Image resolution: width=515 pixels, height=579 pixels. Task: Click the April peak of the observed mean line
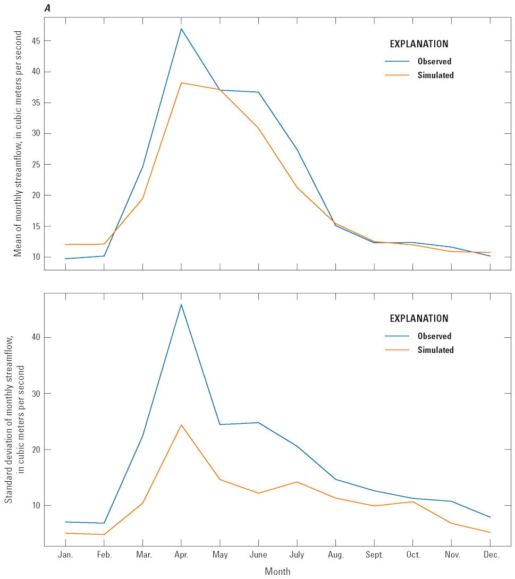181,29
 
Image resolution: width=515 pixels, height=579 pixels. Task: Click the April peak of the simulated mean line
181,83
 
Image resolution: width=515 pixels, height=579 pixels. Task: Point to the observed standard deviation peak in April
181,304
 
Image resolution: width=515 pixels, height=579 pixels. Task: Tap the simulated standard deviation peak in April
181,425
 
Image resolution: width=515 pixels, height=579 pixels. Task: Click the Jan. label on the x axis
65,555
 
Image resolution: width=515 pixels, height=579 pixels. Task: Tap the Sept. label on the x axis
374,555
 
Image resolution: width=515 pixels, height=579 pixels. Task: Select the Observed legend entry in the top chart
434,62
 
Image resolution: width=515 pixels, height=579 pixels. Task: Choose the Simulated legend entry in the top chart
435,75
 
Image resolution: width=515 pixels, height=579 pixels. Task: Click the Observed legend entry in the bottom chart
434,336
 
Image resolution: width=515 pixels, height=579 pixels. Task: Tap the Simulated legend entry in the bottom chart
435,350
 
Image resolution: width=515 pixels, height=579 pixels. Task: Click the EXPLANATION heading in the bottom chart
419,319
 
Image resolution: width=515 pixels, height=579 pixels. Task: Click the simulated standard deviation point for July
297,482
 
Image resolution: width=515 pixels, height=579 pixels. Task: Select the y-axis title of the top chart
18,143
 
